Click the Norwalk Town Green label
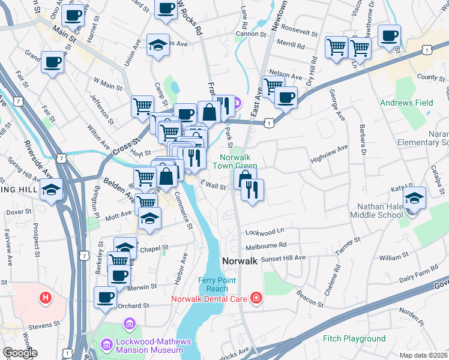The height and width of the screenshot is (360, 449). click(235, 161)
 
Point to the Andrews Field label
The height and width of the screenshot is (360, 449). click(406, 103)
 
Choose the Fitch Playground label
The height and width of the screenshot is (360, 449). click(354, 339)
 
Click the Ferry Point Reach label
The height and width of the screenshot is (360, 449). click(218, 284)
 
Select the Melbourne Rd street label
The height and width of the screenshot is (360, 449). click(266, 245)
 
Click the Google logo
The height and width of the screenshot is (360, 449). click(19, 353)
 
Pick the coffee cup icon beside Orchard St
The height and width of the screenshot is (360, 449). click(106, 296)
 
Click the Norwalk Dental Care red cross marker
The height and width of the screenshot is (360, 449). click(256, 298)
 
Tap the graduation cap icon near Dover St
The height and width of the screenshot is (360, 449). click(52, 191)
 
